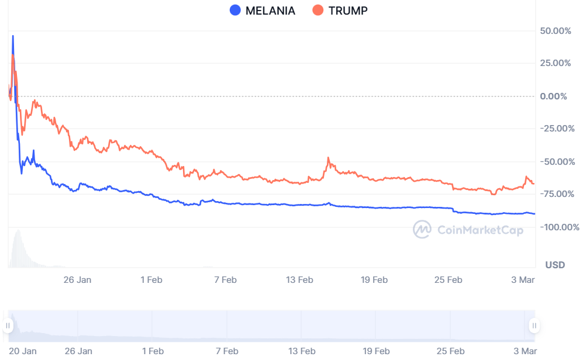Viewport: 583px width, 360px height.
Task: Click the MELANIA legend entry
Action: tap(270, 11)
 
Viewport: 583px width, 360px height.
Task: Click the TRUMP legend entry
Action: tap(348, 11)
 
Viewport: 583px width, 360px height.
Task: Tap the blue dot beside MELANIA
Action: tap(235, 11)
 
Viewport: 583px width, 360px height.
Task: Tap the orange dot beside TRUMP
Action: tap(318, 11)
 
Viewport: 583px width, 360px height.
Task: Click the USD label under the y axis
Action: tap(555, 265)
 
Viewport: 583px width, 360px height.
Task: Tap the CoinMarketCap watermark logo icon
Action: tap(422, 230)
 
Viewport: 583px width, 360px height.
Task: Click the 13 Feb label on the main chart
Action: tap(299, 280)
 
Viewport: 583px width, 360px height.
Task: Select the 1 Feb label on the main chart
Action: tap(151, 280)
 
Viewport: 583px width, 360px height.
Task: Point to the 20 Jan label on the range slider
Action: tap(23, 351)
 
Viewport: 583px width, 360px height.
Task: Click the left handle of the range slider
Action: tap(8, 326)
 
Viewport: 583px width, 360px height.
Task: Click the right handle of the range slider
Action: tap(534, 326)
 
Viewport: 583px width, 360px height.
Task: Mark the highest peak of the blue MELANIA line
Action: tap(13, 36)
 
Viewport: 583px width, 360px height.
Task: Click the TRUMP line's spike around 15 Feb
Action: tap(329, 158)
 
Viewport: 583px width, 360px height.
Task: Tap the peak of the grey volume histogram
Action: tap(18, 231)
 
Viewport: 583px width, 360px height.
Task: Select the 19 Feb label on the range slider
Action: tap(375, 351)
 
